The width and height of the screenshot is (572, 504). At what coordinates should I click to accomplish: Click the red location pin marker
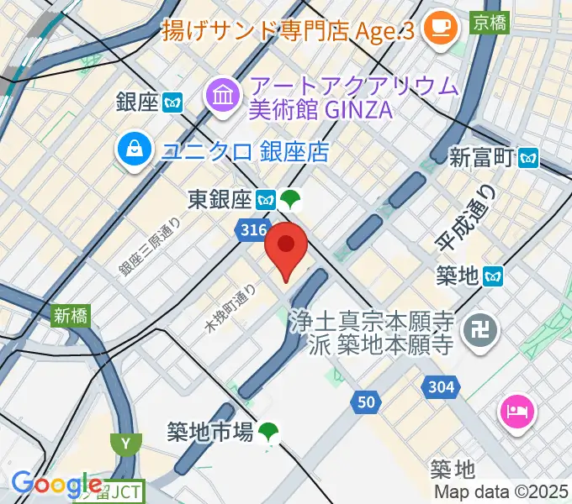[x=286, y=247]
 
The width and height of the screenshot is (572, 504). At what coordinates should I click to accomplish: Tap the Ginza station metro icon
[x=174, y=102]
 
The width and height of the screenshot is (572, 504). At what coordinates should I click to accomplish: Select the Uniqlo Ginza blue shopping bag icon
[x=134, y=151]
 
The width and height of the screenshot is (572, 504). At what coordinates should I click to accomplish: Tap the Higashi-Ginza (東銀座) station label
[x=220, y=199]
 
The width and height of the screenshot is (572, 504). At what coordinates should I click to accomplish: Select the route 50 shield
[x=365, y=402]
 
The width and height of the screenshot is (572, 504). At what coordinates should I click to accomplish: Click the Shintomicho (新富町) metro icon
[x=529, y=156]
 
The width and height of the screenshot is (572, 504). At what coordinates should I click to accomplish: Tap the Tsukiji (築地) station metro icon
[x=494, y=275]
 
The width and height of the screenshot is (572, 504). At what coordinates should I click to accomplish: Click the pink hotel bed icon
[x=516, y=412]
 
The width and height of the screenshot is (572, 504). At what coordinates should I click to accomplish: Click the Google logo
[x=56, y=485]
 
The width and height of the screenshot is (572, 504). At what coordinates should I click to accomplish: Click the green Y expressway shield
[x=125, y=443]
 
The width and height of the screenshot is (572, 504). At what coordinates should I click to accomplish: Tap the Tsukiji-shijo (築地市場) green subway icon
[x=268, y=433]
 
